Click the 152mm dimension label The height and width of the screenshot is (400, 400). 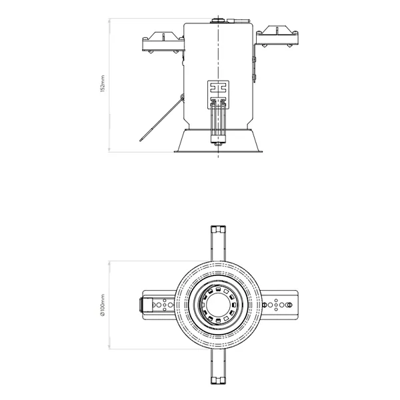(x=103, y=83)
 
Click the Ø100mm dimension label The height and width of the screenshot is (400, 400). (x=103, y=305)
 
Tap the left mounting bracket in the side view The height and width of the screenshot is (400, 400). (x=163, y=43)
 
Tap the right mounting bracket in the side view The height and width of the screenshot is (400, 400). (x=277, y=36)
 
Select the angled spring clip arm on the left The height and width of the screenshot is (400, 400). (x=161, y=119)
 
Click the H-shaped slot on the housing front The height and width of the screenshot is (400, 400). (x=218, y=88)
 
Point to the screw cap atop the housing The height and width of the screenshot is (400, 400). (x=218, y=20)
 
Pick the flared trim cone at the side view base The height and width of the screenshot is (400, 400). (x=219, y=141)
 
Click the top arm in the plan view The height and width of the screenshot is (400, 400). (x=218, y=243)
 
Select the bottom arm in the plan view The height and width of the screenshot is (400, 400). (x=218, y=367)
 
